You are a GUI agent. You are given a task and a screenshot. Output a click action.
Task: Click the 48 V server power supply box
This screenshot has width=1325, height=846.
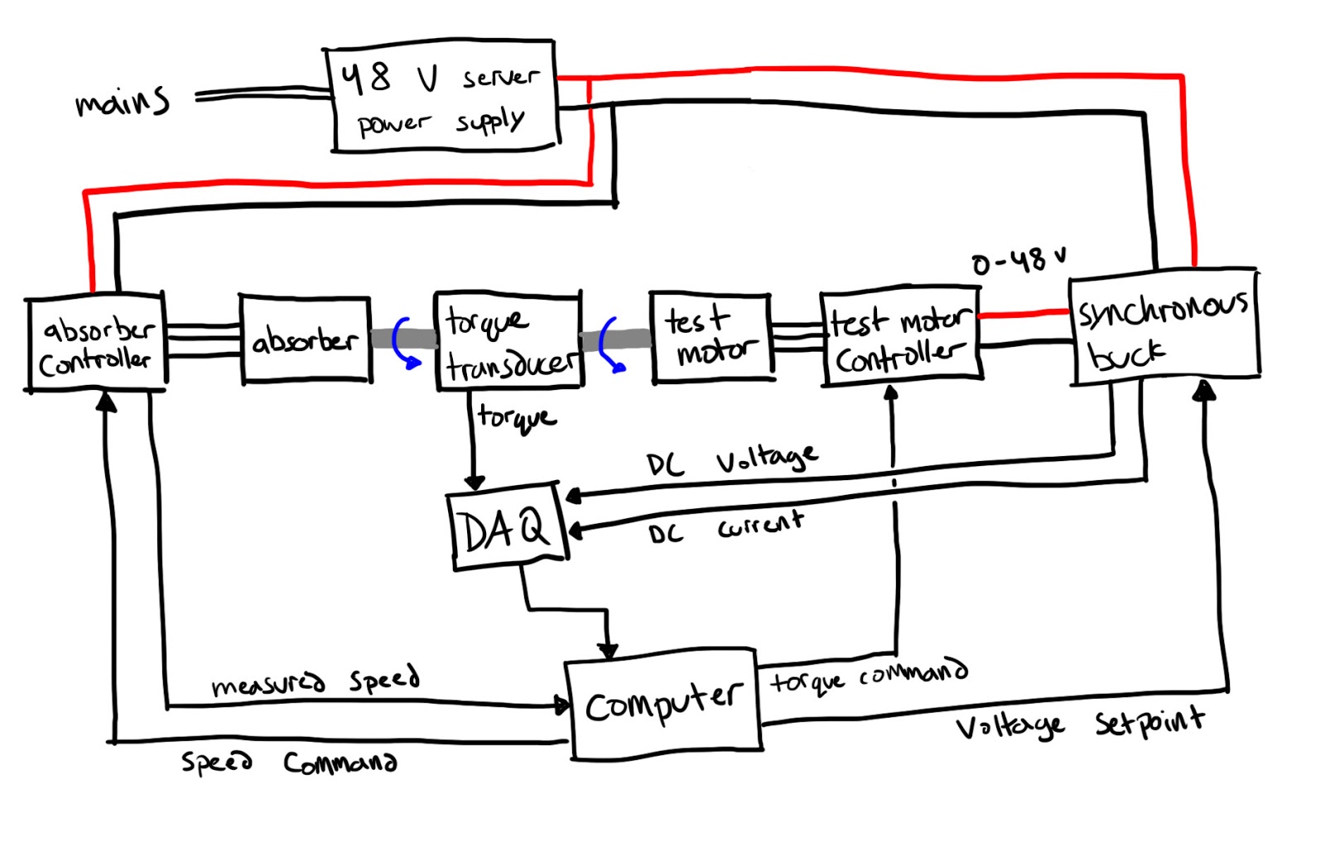(443, 98)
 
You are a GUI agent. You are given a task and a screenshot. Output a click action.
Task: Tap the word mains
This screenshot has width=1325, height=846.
(123, 102)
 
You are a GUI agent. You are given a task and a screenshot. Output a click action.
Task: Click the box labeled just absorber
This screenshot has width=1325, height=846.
(305, 339)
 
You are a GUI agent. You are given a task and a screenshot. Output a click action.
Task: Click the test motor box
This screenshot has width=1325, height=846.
(711, 337)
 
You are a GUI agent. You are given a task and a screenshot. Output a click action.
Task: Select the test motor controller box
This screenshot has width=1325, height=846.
(900, 338)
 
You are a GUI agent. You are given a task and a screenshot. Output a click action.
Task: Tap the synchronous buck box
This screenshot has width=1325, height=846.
(1164, 328)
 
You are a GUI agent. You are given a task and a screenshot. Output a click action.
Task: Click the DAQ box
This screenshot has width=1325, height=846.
(506, 527)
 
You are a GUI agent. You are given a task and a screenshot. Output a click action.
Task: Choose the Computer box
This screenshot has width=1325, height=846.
(662, 704)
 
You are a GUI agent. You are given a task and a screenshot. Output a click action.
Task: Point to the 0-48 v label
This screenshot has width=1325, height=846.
(1019, 262)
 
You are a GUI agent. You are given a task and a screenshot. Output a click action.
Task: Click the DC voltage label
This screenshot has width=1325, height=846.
(732, 460)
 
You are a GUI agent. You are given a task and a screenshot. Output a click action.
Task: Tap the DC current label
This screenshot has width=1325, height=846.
(725, 527)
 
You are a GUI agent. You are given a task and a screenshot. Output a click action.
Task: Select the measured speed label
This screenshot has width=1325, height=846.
(315, 680)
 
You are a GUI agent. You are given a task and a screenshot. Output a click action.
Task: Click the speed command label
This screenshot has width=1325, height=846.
(288, 762)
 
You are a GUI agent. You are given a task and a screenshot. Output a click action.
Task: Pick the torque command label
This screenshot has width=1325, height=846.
(868, 676)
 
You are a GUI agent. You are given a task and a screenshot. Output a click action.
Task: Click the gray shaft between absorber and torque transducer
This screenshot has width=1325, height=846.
(403, 338)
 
